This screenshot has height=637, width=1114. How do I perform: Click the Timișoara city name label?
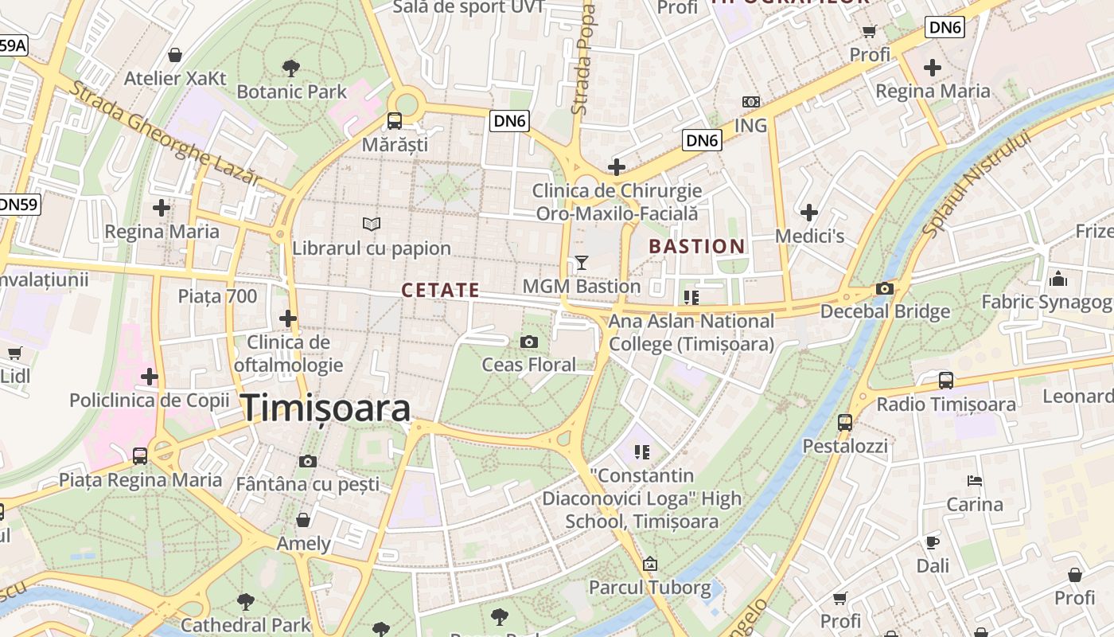(325, 408)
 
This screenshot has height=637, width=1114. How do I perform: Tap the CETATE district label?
(440, 291)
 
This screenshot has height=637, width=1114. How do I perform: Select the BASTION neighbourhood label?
(696, 247)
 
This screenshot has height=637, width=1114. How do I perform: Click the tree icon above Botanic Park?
(291, 68)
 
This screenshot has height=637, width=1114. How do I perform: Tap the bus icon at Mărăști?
(394, 121)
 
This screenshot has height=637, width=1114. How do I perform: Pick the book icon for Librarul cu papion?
(371, 225)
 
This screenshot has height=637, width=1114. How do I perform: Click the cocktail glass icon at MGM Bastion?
(582, 262)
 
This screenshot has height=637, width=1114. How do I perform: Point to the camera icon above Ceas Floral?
(528, 342)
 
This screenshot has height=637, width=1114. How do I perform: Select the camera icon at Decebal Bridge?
(884, 288)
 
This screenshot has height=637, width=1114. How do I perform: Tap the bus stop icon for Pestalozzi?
(845, 423)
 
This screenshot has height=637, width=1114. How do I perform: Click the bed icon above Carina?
(975, 481)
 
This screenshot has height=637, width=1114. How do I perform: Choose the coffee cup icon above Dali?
(933, 543)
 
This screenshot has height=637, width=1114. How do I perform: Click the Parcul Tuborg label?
(649, 588)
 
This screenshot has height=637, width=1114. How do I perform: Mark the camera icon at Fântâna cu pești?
(308, 461)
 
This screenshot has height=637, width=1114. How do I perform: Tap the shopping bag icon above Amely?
(303, 521)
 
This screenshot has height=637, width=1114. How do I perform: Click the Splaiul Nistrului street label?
(976, 185)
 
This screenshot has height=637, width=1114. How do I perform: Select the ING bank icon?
(750, 102)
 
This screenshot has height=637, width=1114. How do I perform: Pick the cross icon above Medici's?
(809, 213)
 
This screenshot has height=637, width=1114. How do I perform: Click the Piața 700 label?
(217, 296)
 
